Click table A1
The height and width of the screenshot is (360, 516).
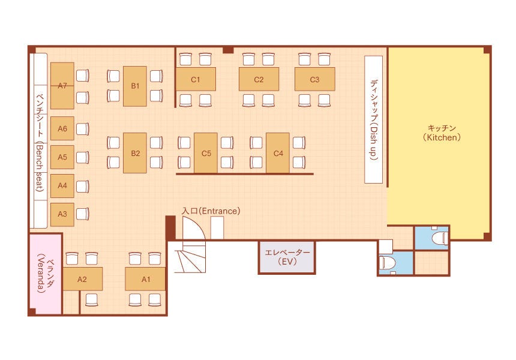tap(145, 279)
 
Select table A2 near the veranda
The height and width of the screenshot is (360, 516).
tap(82, 279)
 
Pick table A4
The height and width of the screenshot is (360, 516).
tap(62, 185)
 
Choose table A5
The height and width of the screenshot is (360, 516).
tap(62, 157)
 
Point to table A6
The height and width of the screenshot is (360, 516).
tap(62, 128)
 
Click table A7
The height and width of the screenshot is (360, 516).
tap(62, 85)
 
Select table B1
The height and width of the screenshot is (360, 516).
tap(135, 86)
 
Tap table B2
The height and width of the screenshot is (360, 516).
tap(135, 153)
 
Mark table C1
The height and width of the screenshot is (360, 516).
tap(196, 79)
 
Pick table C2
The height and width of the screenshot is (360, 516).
tap(259, 79)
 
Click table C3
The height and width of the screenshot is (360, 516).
tap(314, 79)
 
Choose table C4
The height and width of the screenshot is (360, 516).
tap(278, 153)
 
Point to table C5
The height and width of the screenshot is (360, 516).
tap(206, 153)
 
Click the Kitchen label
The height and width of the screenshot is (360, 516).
tap(442, 133)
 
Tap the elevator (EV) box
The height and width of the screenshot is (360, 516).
tap(287, 257)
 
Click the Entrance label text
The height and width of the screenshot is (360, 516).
tap(211, 211)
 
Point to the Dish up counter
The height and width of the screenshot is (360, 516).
tap(373, 119)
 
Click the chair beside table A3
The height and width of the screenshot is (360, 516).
tap(83, 214)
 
